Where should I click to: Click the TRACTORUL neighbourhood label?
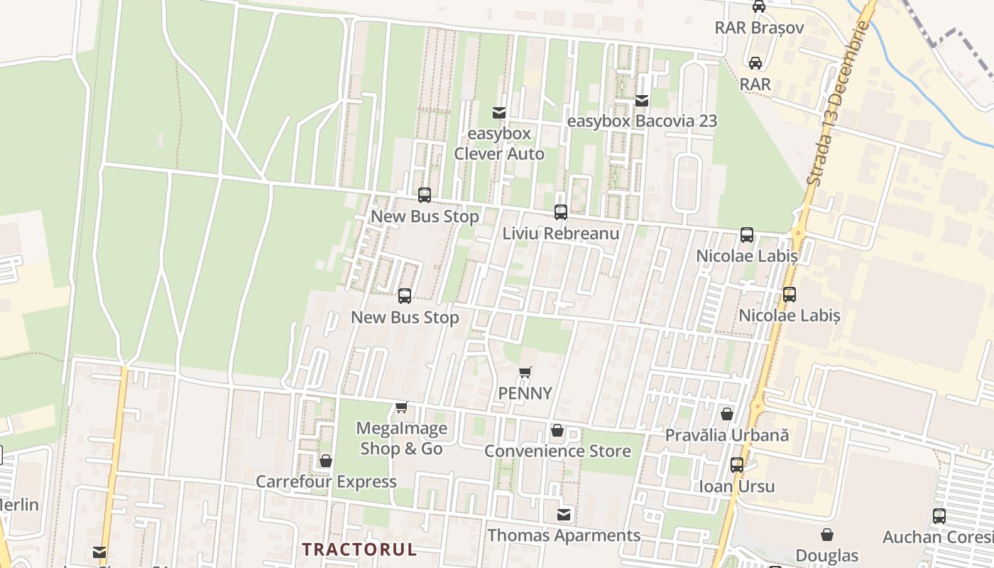(x=359, y=549)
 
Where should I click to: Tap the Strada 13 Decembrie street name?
(x=839, y=104)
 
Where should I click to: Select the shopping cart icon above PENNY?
(x=525, y=373)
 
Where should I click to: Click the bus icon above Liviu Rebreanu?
(x=561, y=212)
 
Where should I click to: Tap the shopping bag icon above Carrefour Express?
(x=326, y=461)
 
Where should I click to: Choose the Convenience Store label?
(x=557, y=451)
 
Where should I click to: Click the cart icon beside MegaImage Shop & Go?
(x=402, y=408)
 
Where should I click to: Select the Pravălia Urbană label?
(x=726, y=435)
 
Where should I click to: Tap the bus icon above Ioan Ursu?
(x=737, y=466)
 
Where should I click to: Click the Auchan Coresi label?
(x=937, y=537)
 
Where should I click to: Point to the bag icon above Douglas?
(x=827, y=535)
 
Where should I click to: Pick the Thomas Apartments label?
(x=564, y=535)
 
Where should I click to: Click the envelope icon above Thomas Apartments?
(x=564, y=515)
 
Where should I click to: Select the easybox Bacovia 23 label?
(x=642, y=121)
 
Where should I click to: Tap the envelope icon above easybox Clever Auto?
(x=499, y=113)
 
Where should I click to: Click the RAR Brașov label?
(x=758, y=28)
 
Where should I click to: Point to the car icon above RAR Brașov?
(x=759, y=7)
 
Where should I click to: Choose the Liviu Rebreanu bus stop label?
(x=561, y=233)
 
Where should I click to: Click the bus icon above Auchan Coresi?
(x=939, y=516)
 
